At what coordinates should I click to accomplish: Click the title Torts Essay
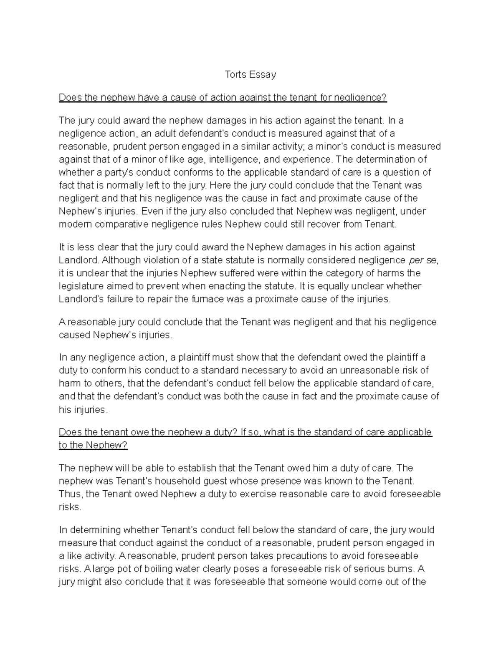[250, 75]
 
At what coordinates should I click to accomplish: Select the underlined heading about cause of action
[223, 98]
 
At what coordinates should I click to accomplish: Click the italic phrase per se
[423, 260]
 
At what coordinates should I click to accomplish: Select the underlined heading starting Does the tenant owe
[245, 432]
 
